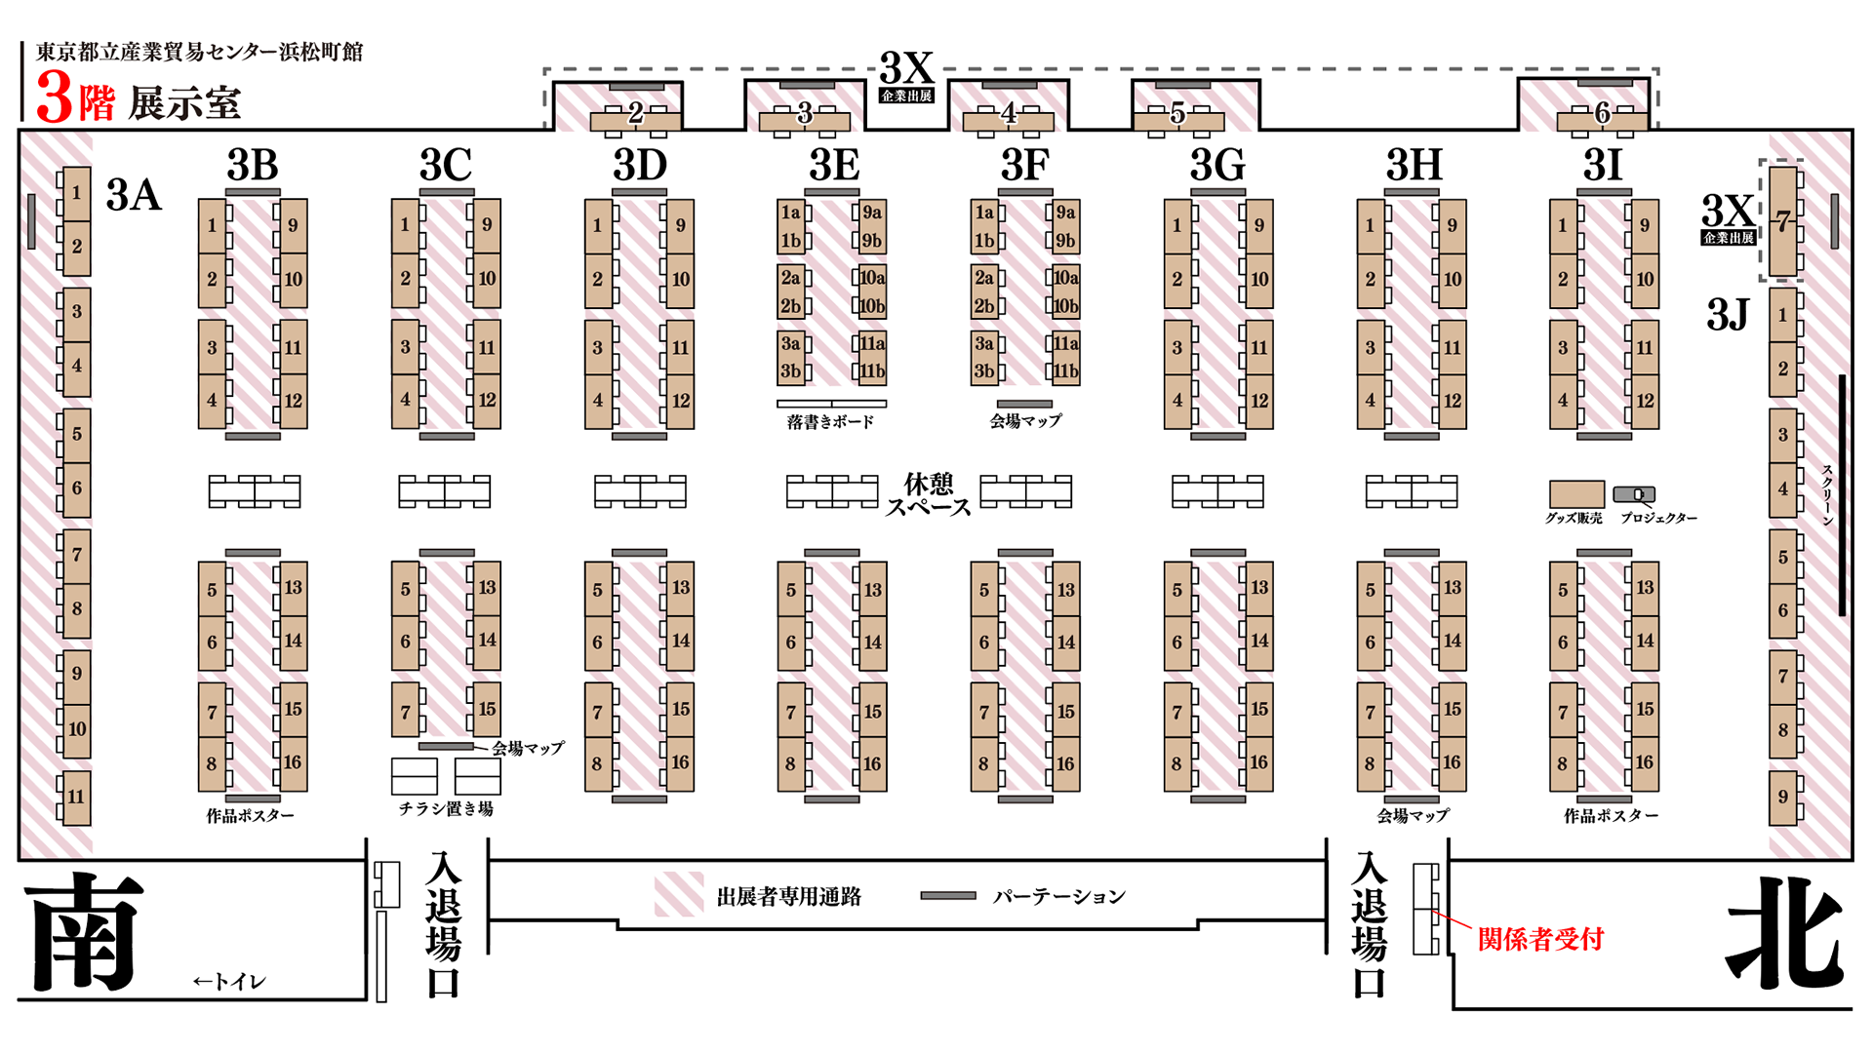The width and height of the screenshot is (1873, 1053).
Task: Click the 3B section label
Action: tap(253, 165)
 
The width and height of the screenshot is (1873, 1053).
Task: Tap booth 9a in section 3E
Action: tap(871, 213)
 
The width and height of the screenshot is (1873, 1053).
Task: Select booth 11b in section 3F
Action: tap(1065, 371)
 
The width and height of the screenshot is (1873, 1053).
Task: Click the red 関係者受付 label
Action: tap(1540, 939)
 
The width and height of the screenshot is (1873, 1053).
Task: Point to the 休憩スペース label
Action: tap(928, 495)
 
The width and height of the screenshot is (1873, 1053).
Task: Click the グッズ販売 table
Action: tap(1576, 493)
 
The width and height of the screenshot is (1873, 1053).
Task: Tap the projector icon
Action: tap(1634, 494)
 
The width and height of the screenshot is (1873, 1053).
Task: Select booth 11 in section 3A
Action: tap(76, 798)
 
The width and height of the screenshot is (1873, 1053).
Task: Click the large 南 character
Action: tap(84, 931)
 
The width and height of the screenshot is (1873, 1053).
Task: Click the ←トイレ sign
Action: tap(229, 981)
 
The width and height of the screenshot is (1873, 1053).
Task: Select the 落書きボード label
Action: tap(830, 421)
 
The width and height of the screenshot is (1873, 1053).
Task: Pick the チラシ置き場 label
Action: tap(446, 808)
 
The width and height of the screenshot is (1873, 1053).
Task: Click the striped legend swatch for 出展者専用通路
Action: tap(679, 895)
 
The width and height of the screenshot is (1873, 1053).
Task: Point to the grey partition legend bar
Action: tap(948, 895)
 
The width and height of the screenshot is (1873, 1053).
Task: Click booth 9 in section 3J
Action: tap(1783, 797)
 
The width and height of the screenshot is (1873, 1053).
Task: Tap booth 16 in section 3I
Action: tap(1645, 763)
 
